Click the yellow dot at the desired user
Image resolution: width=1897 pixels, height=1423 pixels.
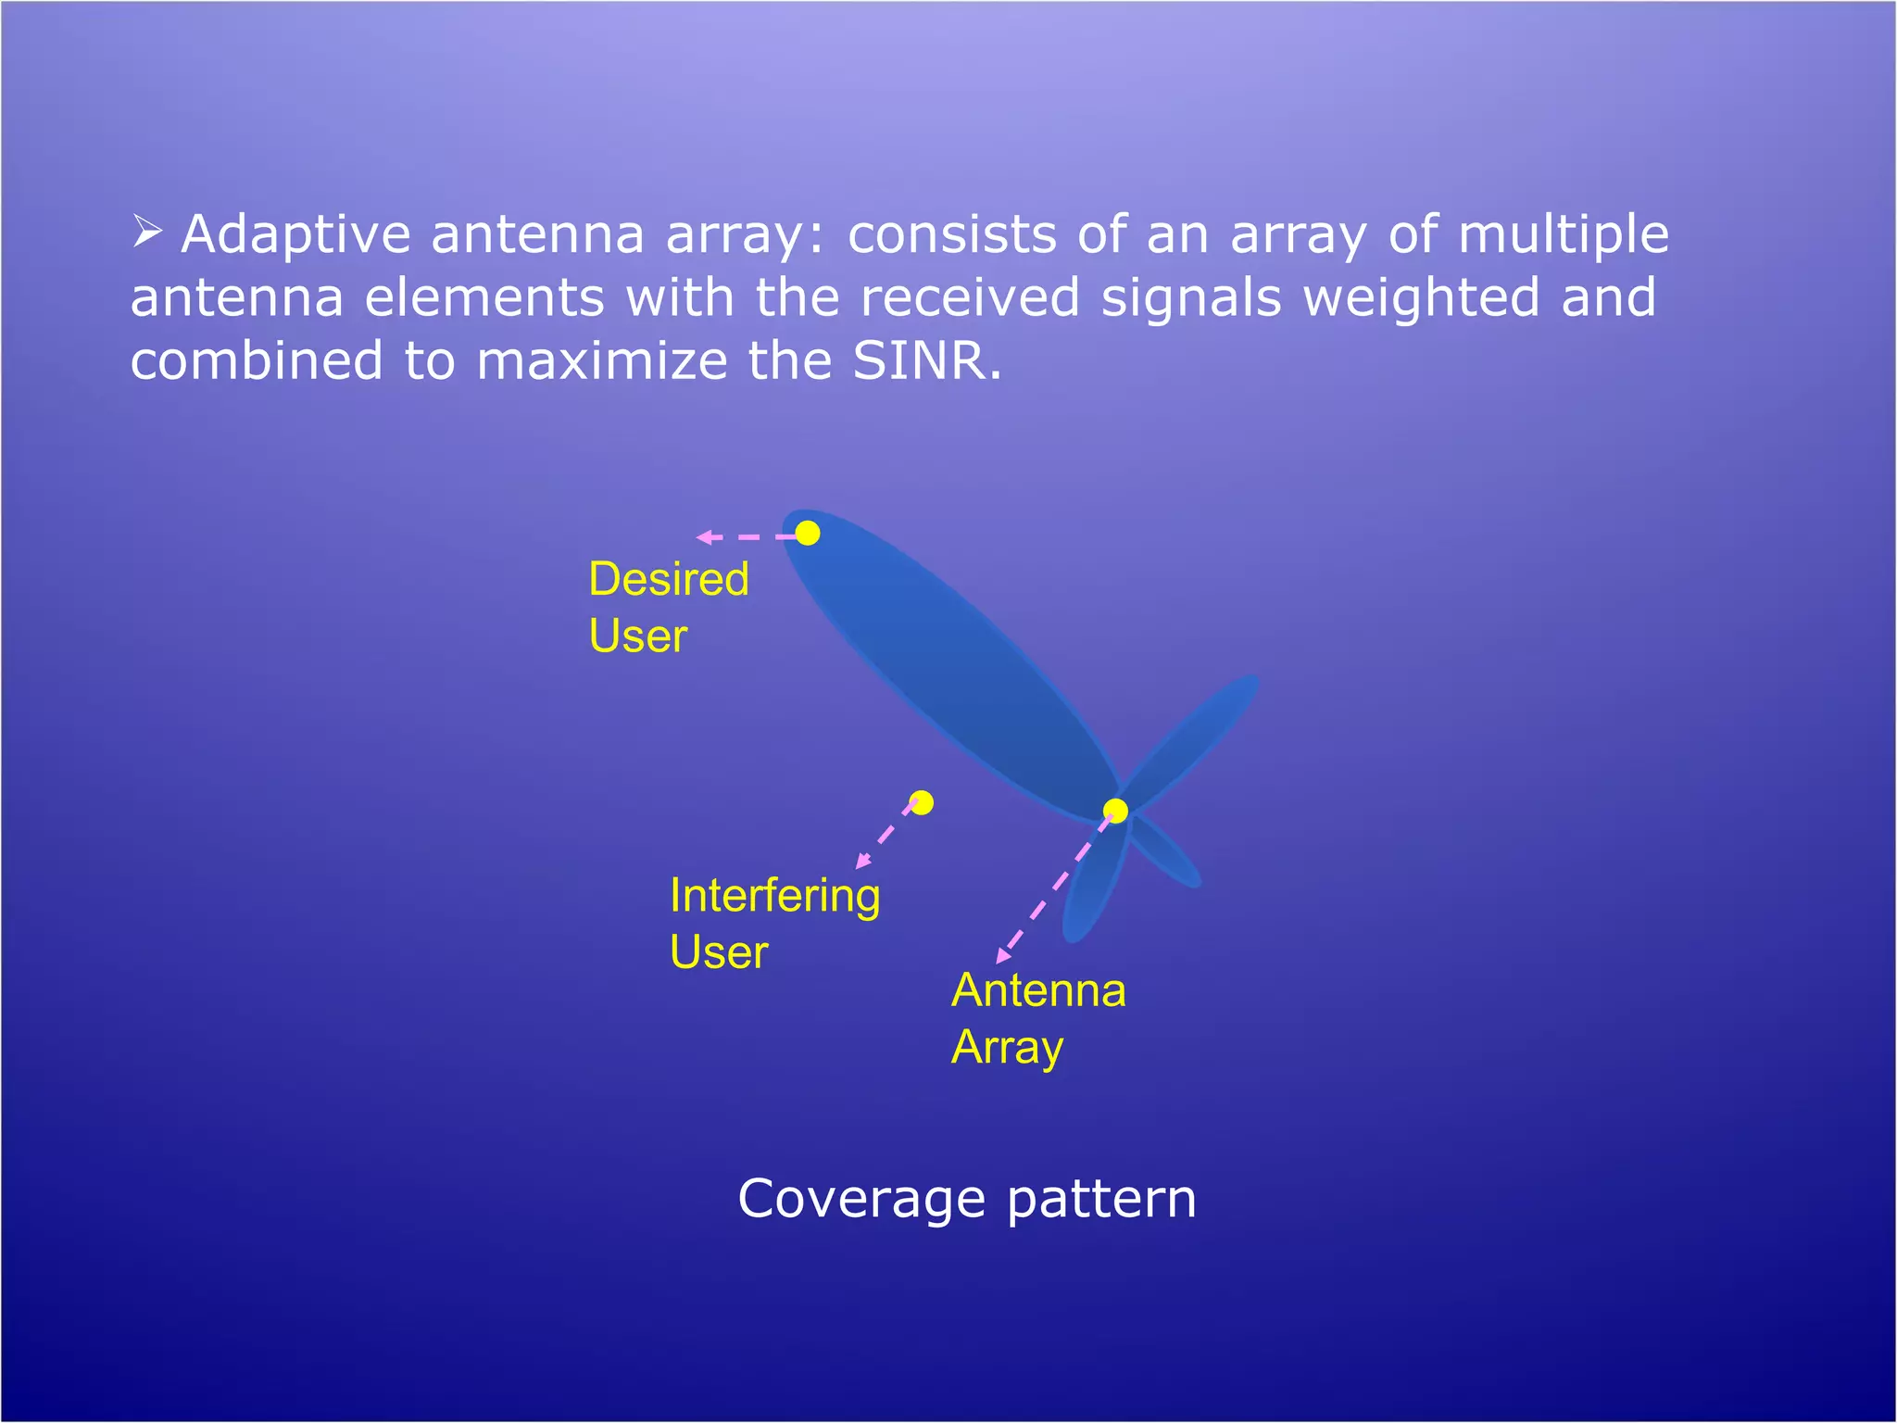click(808, 533)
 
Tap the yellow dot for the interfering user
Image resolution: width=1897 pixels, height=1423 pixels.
click(922, 802)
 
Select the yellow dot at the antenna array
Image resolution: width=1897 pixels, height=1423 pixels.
click(1116, 812)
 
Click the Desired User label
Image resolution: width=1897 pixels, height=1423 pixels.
click(668, 607)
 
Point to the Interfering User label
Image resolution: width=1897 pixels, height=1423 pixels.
click(774, 924)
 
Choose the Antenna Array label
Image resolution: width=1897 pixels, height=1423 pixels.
click(1038, 1018)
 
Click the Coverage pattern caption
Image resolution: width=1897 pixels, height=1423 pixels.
click(967, 1199)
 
